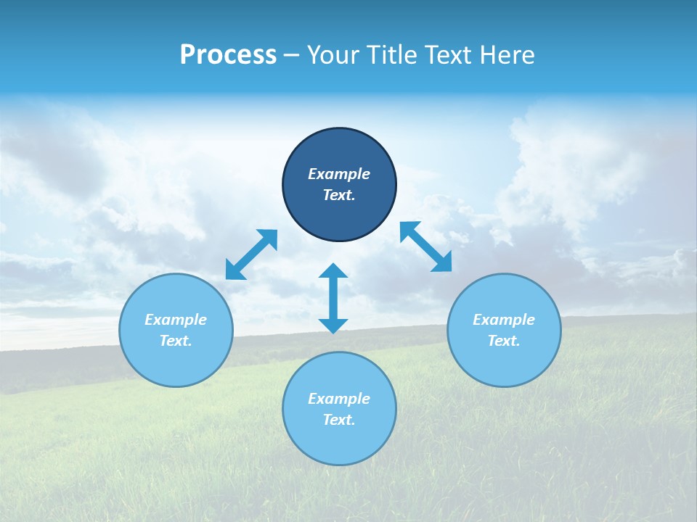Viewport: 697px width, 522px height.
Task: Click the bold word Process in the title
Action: (228, 55)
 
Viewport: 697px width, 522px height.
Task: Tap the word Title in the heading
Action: (392, 55)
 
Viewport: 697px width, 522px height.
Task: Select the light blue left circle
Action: (176, 362)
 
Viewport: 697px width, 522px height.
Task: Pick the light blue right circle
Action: (504, 362)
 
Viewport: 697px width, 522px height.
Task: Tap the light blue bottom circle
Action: (339, 442)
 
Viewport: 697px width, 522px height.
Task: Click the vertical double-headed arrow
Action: (333, 299)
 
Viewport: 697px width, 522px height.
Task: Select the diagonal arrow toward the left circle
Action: (252, 254)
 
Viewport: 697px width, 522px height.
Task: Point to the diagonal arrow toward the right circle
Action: (425, 247)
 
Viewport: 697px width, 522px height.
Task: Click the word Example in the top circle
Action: (339, 174)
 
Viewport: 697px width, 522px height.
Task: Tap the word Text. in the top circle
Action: (339, 195)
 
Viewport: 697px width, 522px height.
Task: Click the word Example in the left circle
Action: (176, 320)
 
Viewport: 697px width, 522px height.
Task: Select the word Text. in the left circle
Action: (176, 341)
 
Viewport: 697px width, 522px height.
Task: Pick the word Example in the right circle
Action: (504, 320)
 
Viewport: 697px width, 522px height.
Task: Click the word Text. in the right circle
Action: (504, 341)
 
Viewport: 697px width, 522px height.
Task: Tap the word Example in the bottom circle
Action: (339, 399)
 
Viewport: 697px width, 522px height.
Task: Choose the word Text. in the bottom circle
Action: (339, 420)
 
